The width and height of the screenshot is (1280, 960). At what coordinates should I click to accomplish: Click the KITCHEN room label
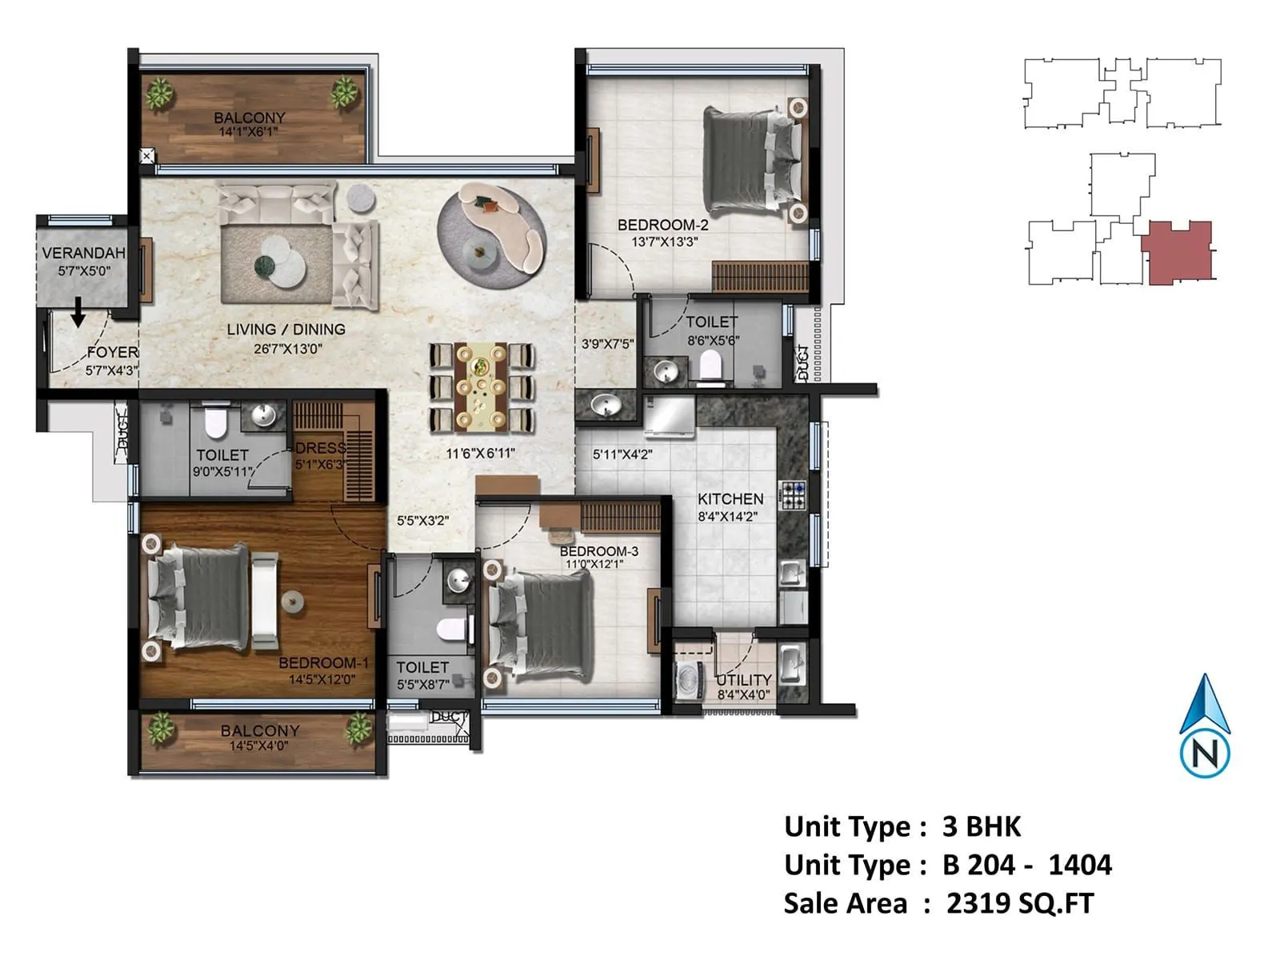[730, 499]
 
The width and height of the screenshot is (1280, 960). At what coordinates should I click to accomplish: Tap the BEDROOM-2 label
[662, 225]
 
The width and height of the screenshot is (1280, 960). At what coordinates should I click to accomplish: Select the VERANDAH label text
[83, 253]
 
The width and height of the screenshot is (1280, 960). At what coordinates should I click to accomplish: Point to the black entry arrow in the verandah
[78, 312]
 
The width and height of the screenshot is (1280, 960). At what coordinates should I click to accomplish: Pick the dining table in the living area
[481, 387]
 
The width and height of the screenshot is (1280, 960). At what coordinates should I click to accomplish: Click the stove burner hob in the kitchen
[793, 496]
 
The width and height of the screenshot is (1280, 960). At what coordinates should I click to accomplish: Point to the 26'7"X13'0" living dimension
[287, 349]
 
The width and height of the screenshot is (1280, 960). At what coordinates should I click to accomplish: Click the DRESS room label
[320, 448]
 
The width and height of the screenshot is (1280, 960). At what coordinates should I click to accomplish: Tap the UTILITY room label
[743, 680]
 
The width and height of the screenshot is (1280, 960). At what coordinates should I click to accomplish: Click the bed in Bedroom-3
[537, 626]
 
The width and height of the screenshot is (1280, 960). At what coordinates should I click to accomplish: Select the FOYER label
[113, 353]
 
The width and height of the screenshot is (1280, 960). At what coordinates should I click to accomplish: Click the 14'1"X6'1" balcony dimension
[249, 132]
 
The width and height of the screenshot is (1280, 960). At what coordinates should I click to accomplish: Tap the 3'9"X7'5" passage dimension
[607, 344]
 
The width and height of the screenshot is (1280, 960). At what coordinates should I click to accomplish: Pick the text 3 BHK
[982, 826]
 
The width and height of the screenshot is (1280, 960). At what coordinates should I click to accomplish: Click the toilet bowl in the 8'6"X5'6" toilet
[710, 365]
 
